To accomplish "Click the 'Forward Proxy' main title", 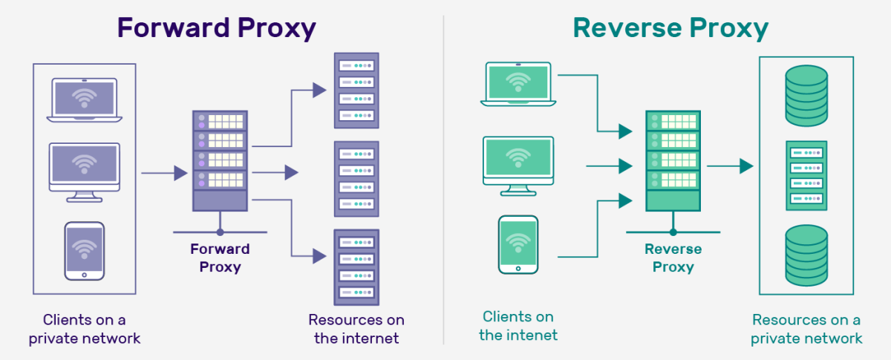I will point(217,27).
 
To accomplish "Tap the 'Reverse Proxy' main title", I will point(670,27).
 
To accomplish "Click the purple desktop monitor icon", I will point(84,170).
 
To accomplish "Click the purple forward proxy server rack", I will point(219,160).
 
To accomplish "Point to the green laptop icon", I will point(520,83).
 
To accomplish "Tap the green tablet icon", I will point(518,244).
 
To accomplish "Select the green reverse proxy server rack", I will point(673,160).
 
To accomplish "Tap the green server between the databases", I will point(806,176).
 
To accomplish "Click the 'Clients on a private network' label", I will point(85,329).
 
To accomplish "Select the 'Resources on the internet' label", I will point(356,329).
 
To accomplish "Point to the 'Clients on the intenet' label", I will point(518,326).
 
